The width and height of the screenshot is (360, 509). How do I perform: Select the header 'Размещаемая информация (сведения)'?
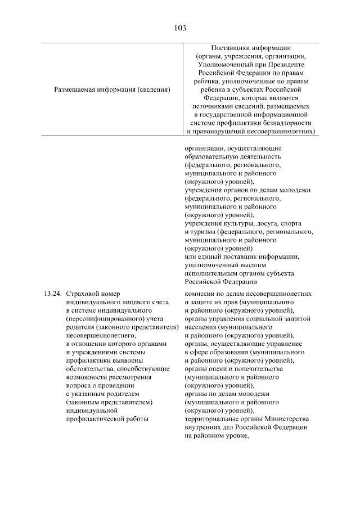coord(112,89)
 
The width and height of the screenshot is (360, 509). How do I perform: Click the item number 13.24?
coord(51,293)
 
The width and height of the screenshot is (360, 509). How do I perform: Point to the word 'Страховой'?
coord(83,293)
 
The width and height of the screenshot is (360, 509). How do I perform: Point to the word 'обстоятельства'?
coord(91,368)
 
